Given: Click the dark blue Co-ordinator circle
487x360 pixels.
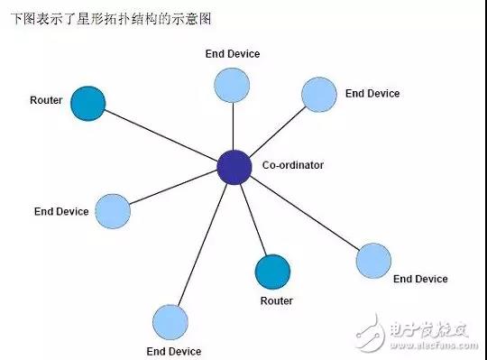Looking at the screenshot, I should coord(234,167).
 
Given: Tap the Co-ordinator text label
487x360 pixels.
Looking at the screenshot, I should coord(292,165).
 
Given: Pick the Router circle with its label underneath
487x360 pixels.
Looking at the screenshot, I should coord(272,272).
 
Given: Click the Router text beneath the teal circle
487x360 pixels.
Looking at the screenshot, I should coord(276,300).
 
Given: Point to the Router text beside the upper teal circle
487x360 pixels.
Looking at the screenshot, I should coord(46,100).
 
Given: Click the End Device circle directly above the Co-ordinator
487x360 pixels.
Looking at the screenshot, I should coord(232,85).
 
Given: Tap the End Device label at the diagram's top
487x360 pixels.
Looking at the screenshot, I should coord(232,54).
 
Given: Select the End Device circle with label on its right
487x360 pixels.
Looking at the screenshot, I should coord(318,94).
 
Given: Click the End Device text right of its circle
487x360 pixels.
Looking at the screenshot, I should coord(372,93).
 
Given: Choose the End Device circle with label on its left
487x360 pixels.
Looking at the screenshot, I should coord(113,210).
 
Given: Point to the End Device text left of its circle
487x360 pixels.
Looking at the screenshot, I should coord(61,211).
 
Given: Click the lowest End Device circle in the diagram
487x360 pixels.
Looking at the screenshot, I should coord(170,322).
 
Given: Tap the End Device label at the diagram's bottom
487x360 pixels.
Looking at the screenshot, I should coord(173,351).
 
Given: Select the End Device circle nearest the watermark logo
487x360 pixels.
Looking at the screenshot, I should coord(373,260).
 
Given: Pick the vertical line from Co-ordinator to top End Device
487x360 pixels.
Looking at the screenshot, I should coord(233,126).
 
